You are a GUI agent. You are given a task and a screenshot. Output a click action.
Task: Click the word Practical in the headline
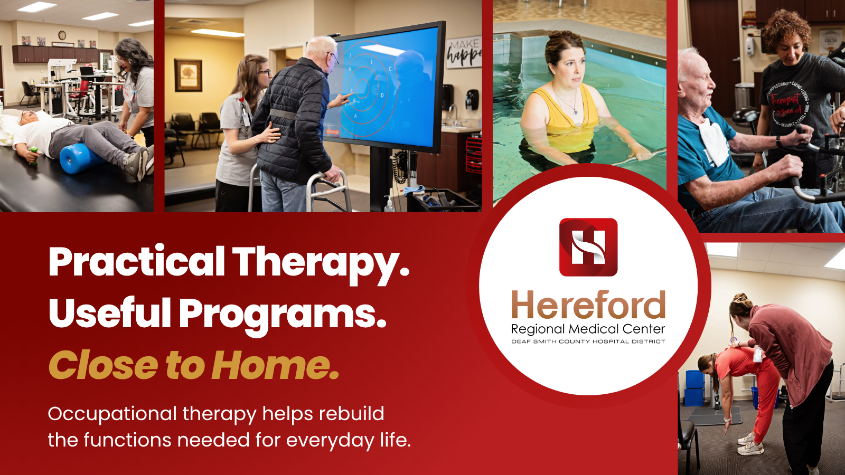[137, 262]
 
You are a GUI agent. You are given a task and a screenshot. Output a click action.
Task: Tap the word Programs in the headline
[283, 313]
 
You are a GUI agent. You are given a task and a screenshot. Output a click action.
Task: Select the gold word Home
[275, 365]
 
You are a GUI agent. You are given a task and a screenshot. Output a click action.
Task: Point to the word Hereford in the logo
[588, 305]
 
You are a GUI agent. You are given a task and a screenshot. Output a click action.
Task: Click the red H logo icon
[588, 247]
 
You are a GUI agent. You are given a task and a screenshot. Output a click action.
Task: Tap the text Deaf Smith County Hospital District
[588, 341]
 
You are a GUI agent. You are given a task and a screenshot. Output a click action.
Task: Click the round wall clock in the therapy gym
[62, 35]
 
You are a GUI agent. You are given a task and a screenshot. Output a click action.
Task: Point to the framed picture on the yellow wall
[188, 75]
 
